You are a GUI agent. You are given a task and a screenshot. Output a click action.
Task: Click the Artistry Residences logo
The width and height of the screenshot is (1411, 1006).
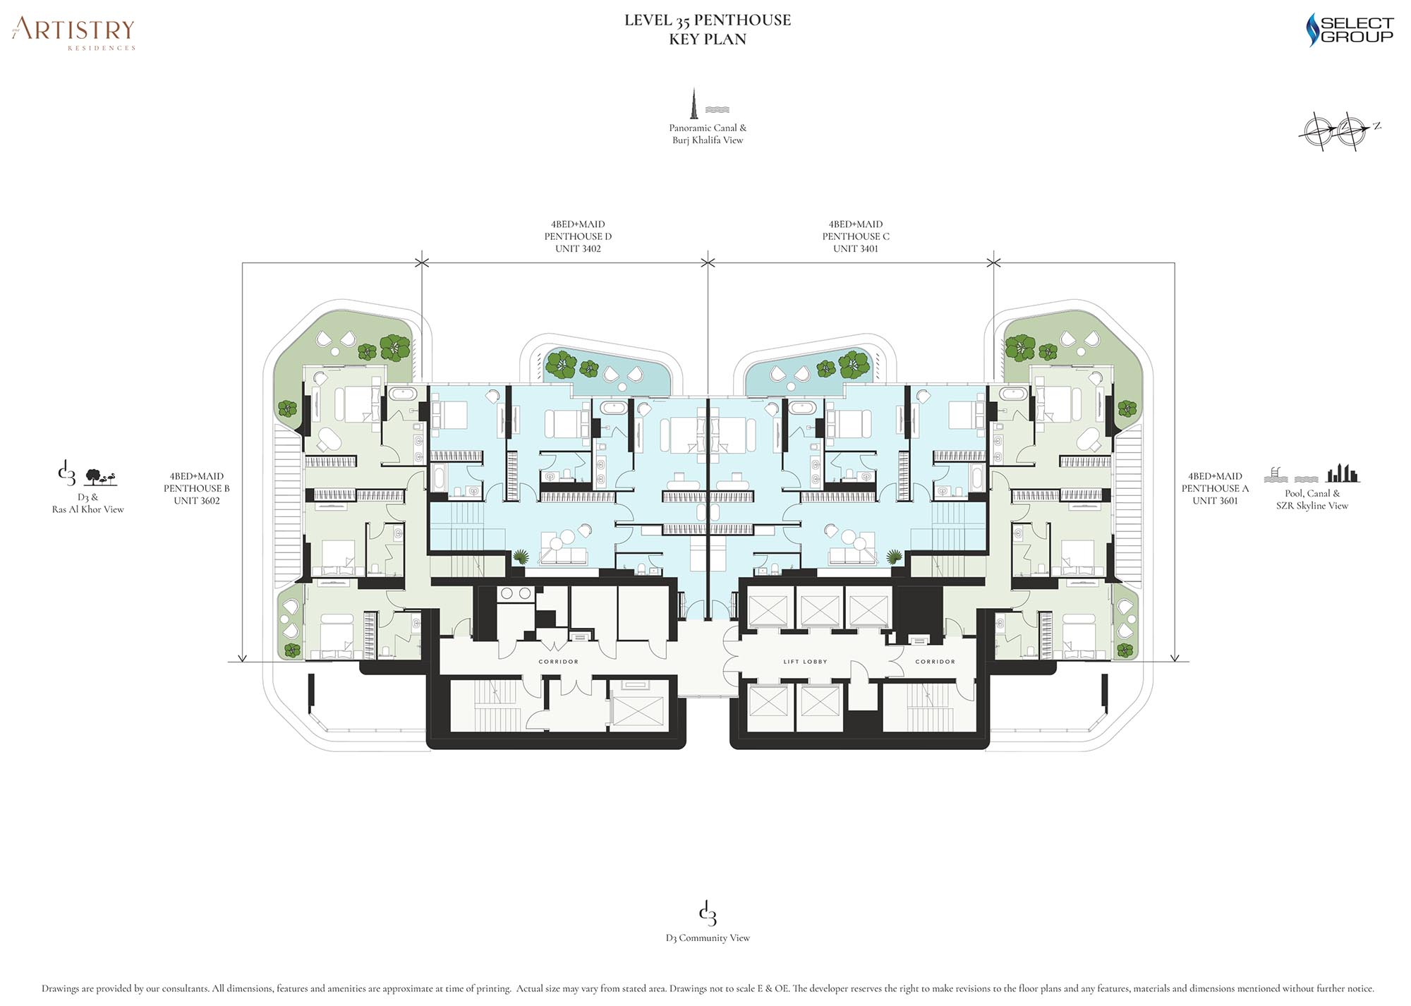(x=73, y=33)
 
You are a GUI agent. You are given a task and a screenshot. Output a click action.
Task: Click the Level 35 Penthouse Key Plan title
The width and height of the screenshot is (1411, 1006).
(x=708, y=30)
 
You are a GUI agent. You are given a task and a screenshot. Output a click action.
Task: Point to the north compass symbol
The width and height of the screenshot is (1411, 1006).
(x=1338, y=131)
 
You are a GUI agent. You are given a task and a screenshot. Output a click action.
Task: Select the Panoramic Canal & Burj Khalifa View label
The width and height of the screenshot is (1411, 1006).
(x=708, y=134)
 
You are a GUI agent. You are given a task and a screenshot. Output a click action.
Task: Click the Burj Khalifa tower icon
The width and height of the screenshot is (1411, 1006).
(x=694, y=104)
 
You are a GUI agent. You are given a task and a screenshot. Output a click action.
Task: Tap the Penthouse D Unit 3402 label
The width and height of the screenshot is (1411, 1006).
(x=578, y=236)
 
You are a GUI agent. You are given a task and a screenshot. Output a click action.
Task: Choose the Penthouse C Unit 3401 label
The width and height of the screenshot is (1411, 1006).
(x=856, y=236)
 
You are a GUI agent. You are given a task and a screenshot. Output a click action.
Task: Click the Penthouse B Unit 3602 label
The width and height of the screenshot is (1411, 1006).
(x=197, y=488)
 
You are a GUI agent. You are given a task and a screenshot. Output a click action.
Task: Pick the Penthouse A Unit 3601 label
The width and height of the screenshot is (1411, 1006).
(x=1215, y=488)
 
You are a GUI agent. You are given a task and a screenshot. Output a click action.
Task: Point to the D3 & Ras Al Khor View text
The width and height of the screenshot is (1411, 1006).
(x=87, y=503)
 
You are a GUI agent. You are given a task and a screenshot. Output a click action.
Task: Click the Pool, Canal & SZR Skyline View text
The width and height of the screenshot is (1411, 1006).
(x=1312, y=499)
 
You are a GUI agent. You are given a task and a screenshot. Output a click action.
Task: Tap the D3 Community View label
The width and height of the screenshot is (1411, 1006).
(x=708, y=938)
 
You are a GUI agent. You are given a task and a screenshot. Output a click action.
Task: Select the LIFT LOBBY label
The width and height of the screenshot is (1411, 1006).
(x=805, y=662)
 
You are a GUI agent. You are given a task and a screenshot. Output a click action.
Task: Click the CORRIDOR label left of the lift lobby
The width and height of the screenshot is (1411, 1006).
(x=558, y=662)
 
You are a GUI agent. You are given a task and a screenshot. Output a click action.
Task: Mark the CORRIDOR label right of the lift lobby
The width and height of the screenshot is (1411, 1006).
(x=935, y=662)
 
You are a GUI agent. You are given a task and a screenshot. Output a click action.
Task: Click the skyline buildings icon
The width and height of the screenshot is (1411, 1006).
(x=1343, y=473)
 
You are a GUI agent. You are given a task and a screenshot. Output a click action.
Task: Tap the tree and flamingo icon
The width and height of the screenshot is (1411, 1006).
(x=100, y=477)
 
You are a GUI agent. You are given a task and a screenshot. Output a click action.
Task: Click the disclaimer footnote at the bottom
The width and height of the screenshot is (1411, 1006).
(x=708, y=988)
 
